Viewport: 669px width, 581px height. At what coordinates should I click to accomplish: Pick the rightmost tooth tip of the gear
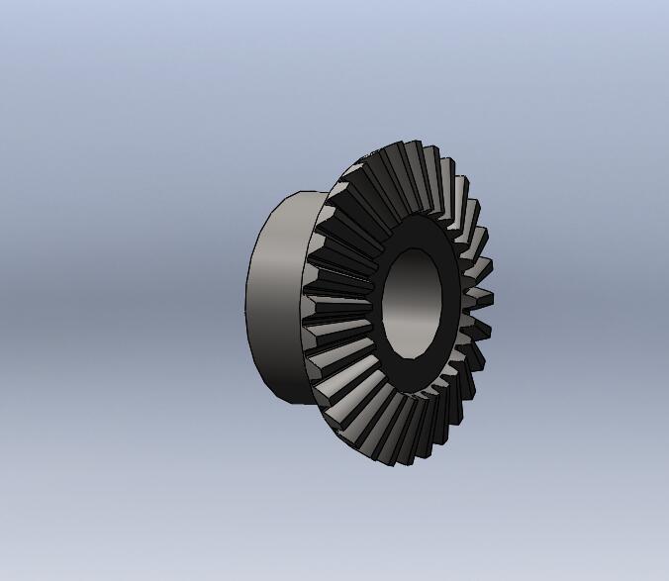pyautogui.click(x=488, y=298)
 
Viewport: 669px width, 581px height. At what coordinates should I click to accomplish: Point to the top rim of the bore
pyautogui.click(x=420, y=248)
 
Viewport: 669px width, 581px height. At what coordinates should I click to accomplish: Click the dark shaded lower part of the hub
pyautogui.click(x=282, y=376)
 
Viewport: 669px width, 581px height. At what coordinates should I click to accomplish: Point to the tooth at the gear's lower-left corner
pyautogui.click(x=341, y=416)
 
